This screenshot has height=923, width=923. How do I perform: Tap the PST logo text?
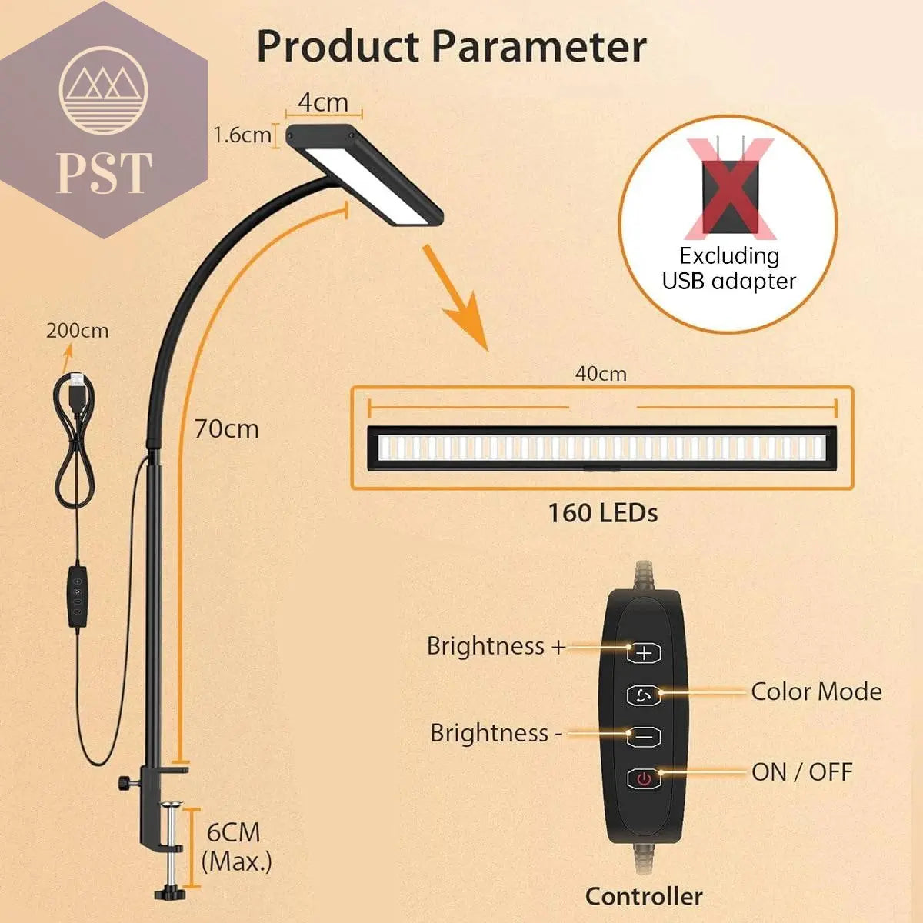(104, 172)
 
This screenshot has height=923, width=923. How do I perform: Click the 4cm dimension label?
(323, 102)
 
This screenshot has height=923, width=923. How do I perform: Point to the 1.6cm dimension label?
(242, 135)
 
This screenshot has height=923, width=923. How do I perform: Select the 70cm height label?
(226, 428)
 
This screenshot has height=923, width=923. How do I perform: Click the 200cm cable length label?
(77, 331)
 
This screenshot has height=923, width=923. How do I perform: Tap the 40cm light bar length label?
(601, 374)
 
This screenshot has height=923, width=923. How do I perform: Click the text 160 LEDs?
(602, 513)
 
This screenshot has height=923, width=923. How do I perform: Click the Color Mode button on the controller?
(644, 695)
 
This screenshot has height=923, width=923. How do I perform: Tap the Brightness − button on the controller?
(644, 736)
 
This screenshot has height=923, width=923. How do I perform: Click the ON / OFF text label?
(802, 771)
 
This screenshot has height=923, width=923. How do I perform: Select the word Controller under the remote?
(644, 896)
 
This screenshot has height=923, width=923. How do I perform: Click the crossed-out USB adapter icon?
(728, 188)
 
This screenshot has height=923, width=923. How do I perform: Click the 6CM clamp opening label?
(233, 832)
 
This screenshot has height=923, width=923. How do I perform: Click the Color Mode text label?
(816, 691)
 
